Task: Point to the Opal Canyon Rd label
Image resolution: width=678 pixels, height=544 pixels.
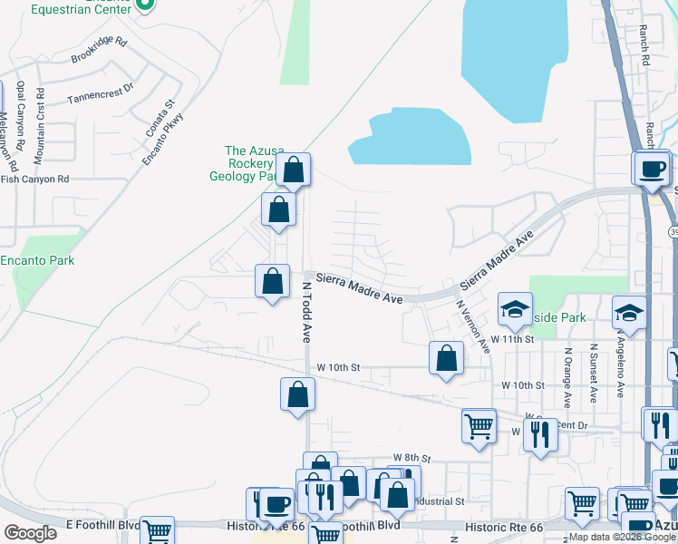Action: coord(18,120)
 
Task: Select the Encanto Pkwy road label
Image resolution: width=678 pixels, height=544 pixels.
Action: coord(163,137)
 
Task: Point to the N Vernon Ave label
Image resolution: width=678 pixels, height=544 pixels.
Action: coord(473,326)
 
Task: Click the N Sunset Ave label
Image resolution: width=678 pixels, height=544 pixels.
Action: coord(593,374)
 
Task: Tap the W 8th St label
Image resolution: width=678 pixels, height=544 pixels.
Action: coord(412,458)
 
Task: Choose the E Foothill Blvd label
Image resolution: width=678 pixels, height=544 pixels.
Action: coord(103,525)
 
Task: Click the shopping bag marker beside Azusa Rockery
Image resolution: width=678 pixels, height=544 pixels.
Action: coord(294,170)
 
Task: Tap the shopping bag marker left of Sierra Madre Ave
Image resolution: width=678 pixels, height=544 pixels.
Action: coord(272,282)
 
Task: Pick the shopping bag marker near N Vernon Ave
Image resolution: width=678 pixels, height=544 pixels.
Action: coord(446,359)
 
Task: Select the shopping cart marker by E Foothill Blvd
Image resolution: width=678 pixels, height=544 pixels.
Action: coord(157,532)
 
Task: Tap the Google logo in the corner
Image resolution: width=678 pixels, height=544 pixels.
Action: coord(30,532)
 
